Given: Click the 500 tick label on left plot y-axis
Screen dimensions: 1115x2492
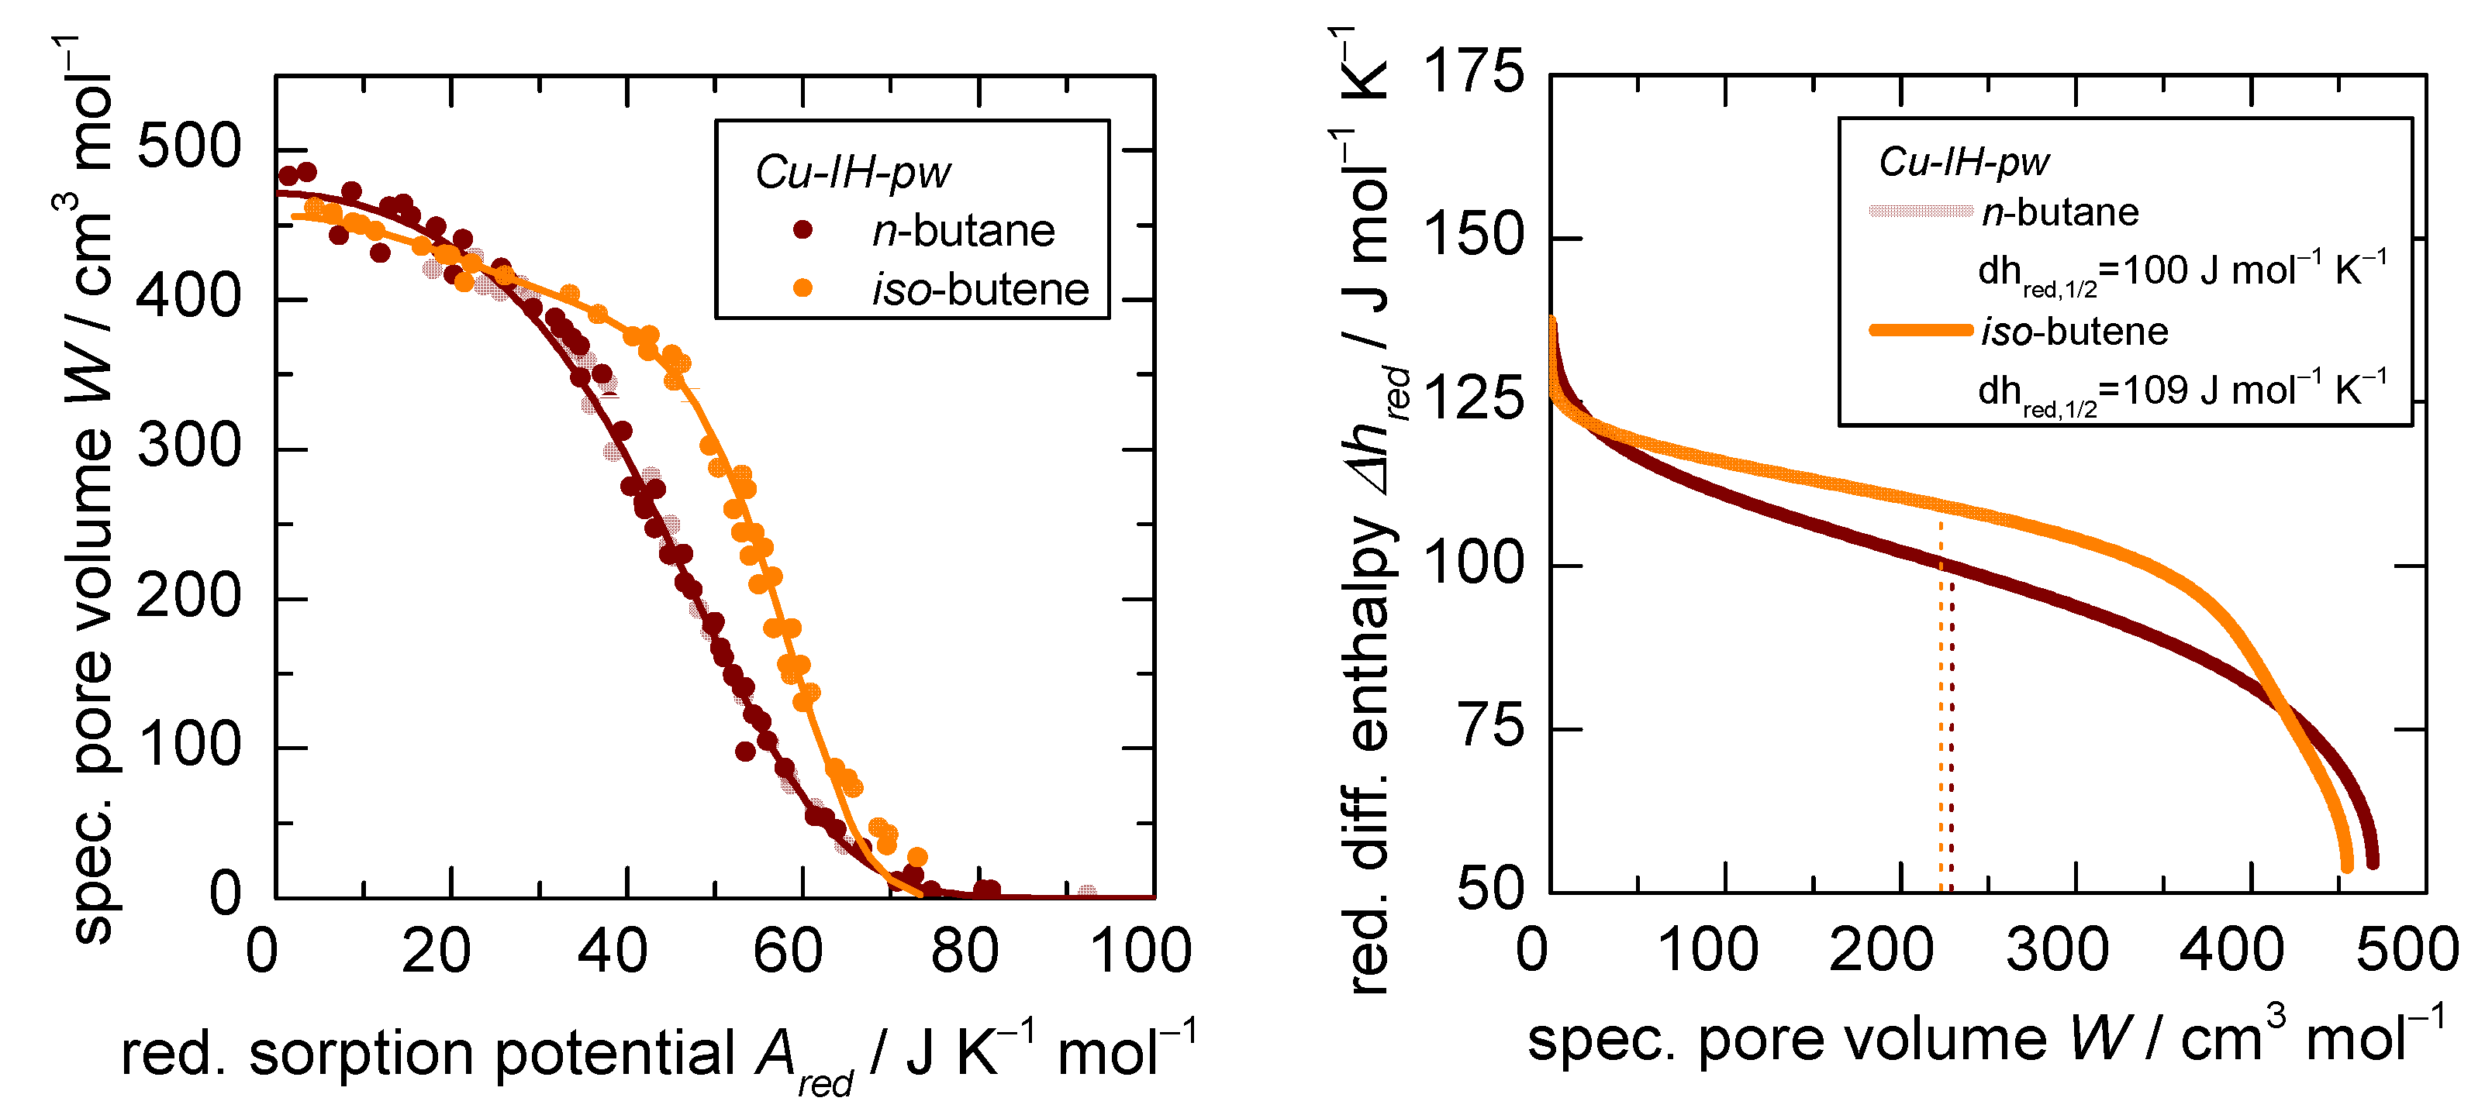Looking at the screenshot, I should coord(188,148).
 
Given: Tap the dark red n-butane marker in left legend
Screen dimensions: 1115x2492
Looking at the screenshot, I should coord(802,230).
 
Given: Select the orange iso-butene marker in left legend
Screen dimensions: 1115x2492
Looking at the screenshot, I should coord(802,288).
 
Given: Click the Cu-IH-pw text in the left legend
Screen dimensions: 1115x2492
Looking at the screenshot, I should coord(852,173).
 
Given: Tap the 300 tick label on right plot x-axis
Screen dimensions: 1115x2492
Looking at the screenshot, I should coord(2058,951).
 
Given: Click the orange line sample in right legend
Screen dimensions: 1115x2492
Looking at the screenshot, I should coord(1921,331).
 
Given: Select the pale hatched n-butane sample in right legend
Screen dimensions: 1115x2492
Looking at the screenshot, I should coord(1921,211).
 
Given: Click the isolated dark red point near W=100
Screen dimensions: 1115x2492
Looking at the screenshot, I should coord(745,750).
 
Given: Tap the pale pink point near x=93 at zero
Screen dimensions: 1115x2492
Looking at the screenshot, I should coord(1087,893).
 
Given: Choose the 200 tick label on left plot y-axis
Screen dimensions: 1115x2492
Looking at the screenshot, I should coord(188,597).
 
